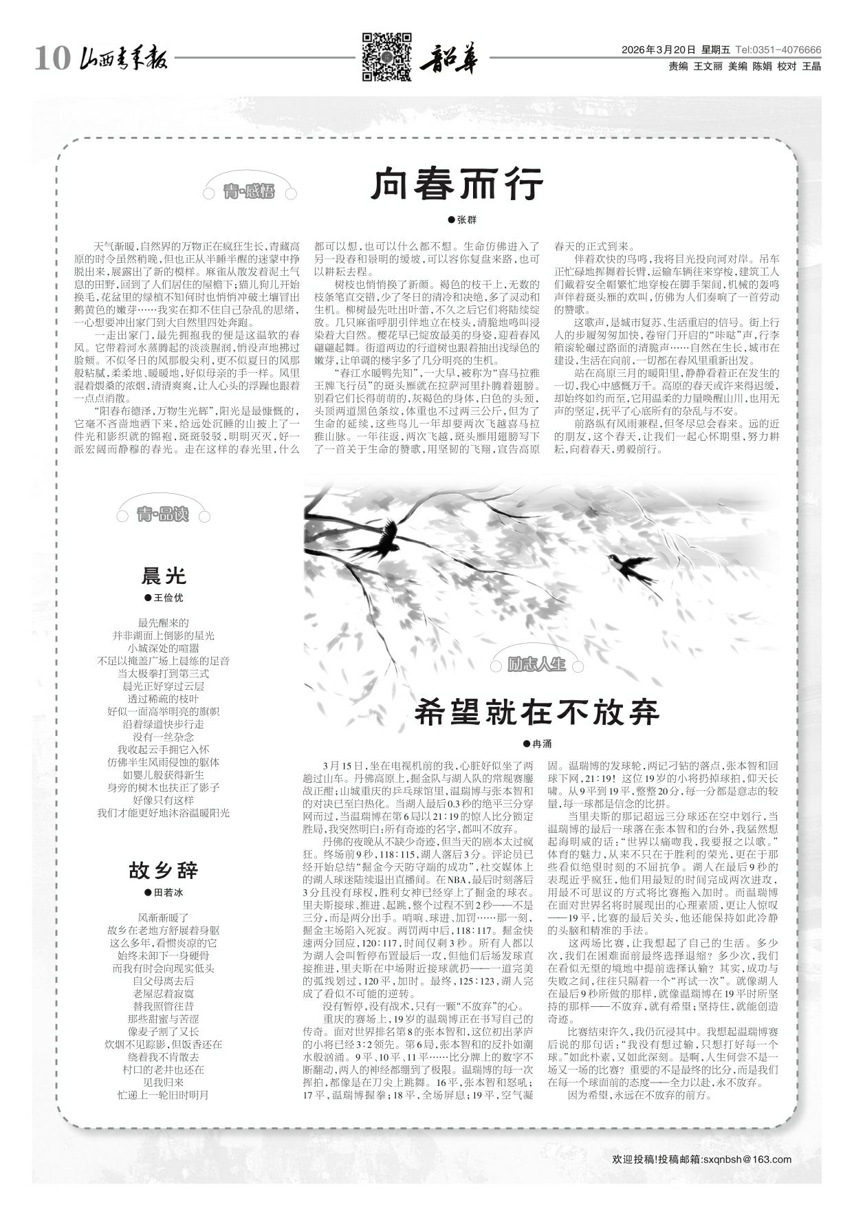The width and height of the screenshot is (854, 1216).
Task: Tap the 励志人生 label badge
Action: point(536,664)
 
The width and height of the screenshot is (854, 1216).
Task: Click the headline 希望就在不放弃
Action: point(537,711)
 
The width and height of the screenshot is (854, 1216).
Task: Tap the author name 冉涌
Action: point(542,743)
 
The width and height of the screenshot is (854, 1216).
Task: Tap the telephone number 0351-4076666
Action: point(788,50)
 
